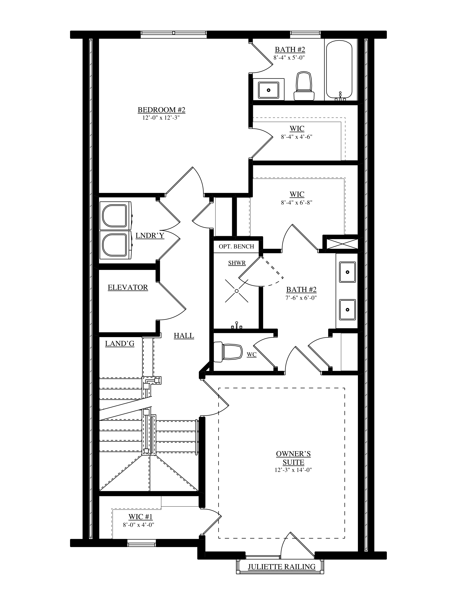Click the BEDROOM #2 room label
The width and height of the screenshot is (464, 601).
point(161,110)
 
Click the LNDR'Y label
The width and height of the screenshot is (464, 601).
point(150,235)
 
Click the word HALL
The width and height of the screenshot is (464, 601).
point(184,336)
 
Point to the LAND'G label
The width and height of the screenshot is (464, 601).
point(120,343)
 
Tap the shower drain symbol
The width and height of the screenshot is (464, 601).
point(236,291)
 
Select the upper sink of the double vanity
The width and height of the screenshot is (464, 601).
point(347,272)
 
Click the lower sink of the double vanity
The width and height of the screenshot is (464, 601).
point(347,310)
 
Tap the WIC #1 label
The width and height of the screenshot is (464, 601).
point(140,516)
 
